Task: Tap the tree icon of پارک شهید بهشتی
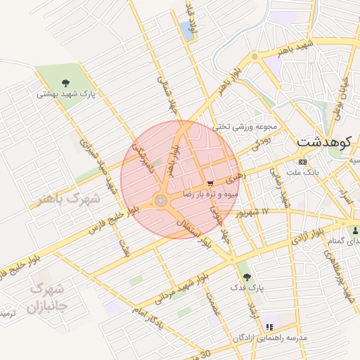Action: [x=66, y=82]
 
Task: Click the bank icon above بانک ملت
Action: [x=303, y=161]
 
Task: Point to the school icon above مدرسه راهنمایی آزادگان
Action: [x=269, y=327]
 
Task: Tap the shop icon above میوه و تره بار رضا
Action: [x=211, y=181]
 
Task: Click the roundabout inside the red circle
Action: [x=161, y=201]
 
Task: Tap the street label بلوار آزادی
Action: [x=307, y=235]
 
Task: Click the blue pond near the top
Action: [x=186, y=30]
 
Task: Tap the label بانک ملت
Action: [x=304, y=171]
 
